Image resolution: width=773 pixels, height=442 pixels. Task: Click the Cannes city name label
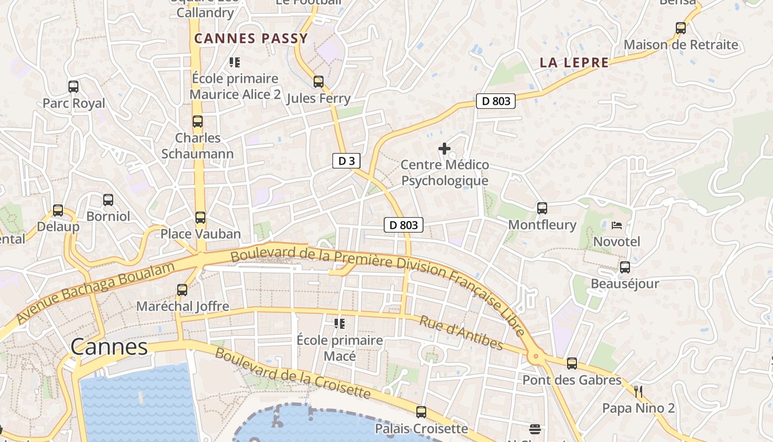(x=109, y=346)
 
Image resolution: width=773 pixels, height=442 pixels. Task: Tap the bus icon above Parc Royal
(x=73, y=87)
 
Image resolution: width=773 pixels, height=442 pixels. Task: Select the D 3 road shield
(x=346, y=161)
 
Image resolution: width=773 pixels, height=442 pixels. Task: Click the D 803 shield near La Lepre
(x=495, y=101)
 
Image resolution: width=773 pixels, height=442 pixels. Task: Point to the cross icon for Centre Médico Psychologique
(x=444, y=149)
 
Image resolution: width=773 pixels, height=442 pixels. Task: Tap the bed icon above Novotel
(x=617, y=225)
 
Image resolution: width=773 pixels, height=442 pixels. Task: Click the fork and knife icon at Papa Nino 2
(x=638, y=392)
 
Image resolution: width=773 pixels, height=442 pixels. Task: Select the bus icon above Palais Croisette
(x=421, y=412)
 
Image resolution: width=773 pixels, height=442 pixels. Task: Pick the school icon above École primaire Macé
(x=340, y=323)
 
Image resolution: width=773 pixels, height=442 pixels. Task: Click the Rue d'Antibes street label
(x=461, y=333)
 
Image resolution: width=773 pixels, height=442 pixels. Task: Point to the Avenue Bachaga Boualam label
(x=95, y=292)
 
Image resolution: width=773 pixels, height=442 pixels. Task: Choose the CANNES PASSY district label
(x=251, y=39)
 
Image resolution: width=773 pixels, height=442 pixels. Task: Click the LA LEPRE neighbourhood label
(x=574, y=63)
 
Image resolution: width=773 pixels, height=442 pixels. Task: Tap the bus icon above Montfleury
(x=542, y=208)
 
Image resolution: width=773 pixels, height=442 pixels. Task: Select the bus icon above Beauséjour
(x=625, y=267)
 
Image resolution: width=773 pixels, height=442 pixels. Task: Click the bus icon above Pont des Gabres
(x=572, y=364)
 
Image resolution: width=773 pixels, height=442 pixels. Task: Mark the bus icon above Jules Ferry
(x=319, y=82)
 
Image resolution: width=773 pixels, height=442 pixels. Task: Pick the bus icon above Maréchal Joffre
(x=182, y=290)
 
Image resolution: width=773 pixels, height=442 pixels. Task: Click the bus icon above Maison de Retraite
(x=681, y=28)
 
